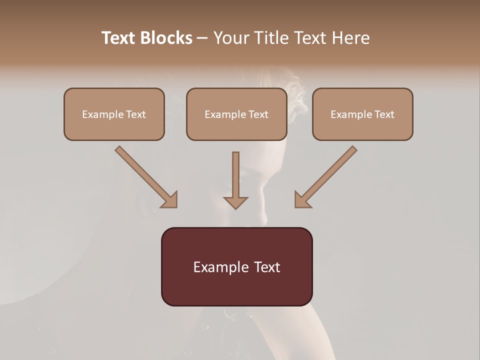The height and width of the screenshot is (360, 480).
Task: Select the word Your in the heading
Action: coord(231,38)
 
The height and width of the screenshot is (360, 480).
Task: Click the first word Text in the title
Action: coord(120,38)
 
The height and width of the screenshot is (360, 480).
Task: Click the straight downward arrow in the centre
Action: coord(235,177)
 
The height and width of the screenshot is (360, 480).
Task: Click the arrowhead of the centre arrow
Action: coord(235,202)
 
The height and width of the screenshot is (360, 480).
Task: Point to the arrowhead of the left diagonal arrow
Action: coord(170,200)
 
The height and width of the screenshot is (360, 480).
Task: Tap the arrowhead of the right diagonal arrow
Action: coord(302,200)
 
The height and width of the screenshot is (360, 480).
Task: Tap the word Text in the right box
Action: coord(384,114)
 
